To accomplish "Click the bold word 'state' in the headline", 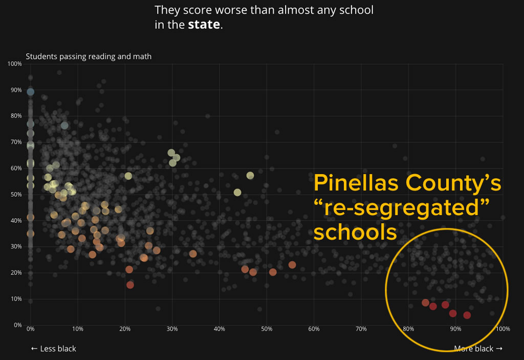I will coord(204,25).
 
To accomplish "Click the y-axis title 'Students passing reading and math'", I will coord(89,56).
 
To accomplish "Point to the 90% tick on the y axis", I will coord(15,90).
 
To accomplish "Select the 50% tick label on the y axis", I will coord(15,195).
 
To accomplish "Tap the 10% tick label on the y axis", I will coord(15,299).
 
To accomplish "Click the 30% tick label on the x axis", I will coord(172,329).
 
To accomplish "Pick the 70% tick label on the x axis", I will coord(361,329).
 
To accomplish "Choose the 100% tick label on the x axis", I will coord(502,329).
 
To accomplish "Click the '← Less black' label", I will coord(53,349).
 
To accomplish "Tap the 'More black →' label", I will coord(478,349).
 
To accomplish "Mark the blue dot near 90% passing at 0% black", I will coord(31,92).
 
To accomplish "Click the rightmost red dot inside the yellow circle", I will coord(467,315).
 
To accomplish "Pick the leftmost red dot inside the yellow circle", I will coord(425,303).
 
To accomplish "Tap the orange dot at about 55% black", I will coord(292,265).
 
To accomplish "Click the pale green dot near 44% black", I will coord(237,193).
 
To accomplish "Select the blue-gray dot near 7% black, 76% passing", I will coord(64,125).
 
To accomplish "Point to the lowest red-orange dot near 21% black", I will coord(130,285).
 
